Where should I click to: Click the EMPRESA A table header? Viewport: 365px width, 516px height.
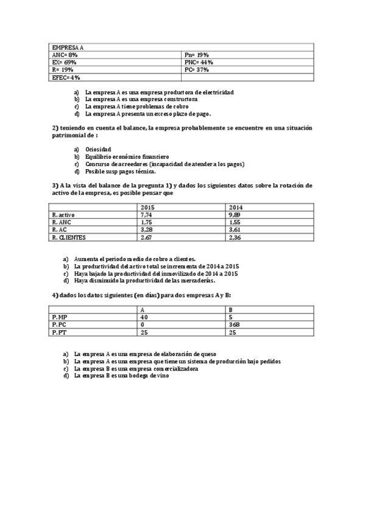tap(68, 47)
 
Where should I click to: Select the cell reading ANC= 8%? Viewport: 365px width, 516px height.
tap(65, 55)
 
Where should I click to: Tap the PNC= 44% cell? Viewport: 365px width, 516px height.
tap(198, 62)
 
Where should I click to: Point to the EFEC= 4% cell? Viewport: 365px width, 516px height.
tap(66, 77)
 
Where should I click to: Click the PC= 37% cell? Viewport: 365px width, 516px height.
tap(196, 70)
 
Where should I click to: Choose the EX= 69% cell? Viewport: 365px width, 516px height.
tap(65, 62)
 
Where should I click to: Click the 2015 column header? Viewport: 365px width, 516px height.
tap(147, 207)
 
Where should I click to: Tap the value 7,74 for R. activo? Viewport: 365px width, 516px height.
tap(146, 215)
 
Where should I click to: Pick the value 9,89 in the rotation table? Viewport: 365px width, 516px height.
tap(233, 215)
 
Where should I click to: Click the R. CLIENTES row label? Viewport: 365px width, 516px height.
tap(69, 237)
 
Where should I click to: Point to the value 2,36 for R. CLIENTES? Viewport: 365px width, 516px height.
tap(233, 237)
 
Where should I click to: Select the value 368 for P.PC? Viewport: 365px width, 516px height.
tap(235, 325)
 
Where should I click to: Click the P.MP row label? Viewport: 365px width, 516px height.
tap(60, 317)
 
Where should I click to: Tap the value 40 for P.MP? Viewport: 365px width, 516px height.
tap(144, 317)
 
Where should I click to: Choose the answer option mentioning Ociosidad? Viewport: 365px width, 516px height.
tap(98, 149)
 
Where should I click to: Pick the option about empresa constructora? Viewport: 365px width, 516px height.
tap(141, 99)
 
